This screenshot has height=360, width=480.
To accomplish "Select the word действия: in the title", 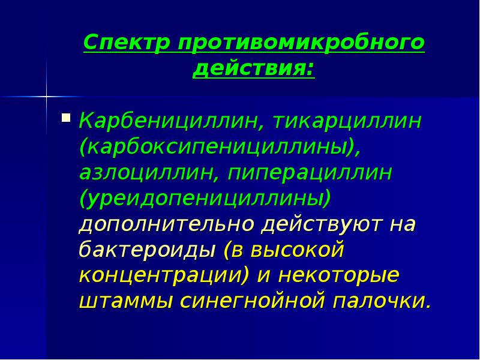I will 253,69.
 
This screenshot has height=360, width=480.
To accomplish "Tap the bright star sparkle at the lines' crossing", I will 46,95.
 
